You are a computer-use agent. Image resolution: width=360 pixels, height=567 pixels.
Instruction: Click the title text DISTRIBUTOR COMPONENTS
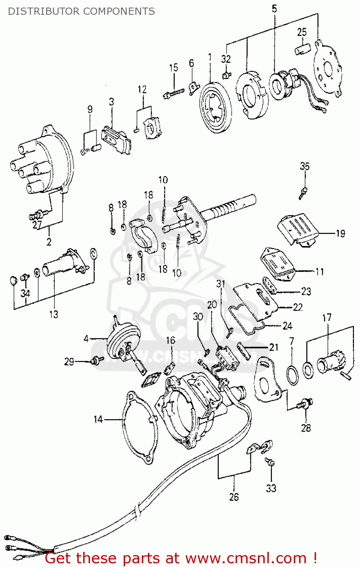tap(81, 11)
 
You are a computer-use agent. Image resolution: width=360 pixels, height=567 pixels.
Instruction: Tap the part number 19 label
tap(340, 234)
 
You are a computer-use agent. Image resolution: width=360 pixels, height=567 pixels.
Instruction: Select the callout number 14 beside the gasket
tap(98, 419)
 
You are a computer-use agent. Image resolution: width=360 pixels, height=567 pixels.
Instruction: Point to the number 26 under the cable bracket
tap(234, 497)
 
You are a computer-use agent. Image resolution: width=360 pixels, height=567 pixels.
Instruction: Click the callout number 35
tap(304, 166)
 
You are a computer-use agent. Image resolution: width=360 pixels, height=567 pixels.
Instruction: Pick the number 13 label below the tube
tap(54, 314)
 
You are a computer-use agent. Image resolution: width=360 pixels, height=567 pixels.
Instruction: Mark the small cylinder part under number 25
tap(303, 49)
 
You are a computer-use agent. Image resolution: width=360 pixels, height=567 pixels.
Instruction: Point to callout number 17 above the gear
tap(327, 318)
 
